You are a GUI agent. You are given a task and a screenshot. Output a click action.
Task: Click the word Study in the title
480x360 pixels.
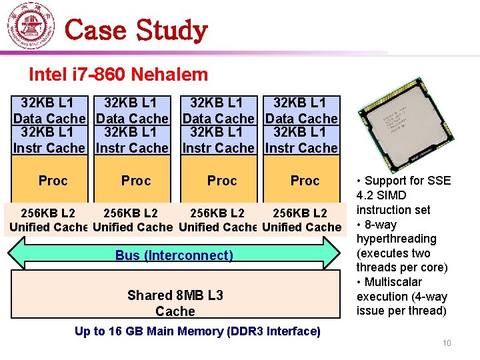point(172,31)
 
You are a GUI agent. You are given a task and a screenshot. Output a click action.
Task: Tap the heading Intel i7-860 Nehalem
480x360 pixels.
point(118,75)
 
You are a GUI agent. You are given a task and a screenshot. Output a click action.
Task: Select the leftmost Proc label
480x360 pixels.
point(53,181)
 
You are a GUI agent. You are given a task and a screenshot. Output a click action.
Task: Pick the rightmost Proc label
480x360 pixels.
point(305,181)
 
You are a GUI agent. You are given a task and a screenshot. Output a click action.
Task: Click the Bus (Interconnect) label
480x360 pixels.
point(174,255)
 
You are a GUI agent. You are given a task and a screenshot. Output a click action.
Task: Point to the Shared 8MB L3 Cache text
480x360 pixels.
point(175,303)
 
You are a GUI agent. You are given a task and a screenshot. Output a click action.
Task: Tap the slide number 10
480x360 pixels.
point(447,343)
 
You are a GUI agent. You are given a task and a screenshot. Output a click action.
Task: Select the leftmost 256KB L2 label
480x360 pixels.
point(48,213)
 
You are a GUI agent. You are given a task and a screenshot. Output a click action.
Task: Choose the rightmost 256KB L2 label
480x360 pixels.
point(300,213)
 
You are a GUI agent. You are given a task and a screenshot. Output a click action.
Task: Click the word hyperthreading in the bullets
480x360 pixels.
point(397,239)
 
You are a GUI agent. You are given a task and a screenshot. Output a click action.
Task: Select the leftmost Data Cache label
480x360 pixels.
point(49,119)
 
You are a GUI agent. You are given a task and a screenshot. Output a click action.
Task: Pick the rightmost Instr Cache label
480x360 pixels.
point(301,148)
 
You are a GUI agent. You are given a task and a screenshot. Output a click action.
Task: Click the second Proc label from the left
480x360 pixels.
point(136,181)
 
